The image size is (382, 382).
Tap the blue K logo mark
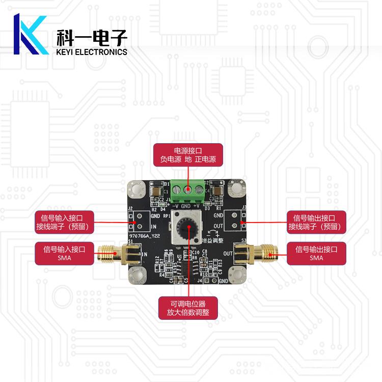pyautogui.click(x=30, y=35)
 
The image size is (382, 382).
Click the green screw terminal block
pyautogui.click(x=188, y=191)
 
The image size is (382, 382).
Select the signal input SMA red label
pyautogui.click(x=64, y=253)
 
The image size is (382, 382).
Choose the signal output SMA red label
pyautogui.click(x=316, y=253)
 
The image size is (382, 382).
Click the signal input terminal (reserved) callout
pyautogui.click(x=64, y=221)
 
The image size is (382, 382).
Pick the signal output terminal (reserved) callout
pyautogui.click(x=316, y=221)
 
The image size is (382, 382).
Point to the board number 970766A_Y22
pyautogui.click(x=146, y=236)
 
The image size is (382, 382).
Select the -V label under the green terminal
pyautogui.click(x=177, y=206)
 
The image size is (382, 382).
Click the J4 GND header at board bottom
pyautogui.click(x=214, y=280)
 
